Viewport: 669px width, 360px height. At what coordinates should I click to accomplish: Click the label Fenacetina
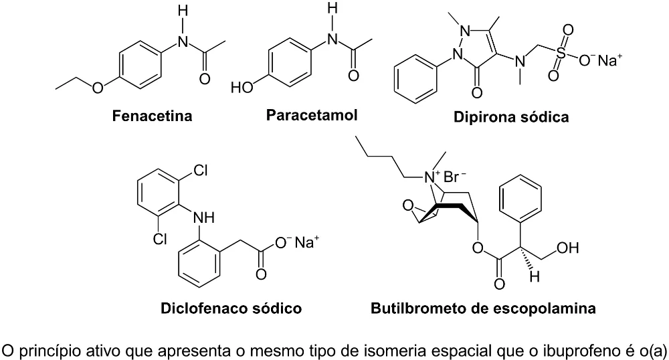coord(152,116)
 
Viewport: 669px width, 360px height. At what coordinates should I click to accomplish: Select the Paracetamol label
coord(312,114)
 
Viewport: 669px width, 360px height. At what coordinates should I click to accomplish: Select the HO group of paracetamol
coord(242,88)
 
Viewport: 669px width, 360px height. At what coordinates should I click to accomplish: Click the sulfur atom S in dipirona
coord(561,54)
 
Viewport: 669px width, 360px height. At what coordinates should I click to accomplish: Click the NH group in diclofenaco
coord(204,217)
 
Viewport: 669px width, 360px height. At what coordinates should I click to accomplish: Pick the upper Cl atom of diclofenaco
coord(200,171)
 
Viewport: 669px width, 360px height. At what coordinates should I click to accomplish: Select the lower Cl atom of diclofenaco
coord(160,239)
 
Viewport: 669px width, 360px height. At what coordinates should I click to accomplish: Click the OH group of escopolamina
coord(568,248)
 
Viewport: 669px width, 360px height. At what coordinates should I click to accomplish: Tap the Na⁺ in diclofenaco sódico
coord(307,242)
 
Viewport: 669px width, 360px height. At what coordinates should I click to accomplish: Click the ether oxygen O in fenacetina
coord(98,88)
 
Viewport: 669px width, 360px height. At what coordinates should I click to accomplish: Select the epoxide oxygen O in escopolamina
coord(408,206)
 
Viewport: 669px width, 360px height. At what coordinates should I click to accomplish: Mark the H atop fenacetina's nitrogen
coord(183,11)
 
